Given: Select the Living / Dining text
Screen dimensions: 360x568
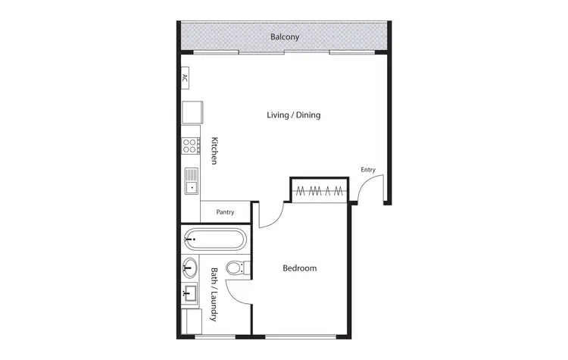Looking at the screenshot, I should point(294,115).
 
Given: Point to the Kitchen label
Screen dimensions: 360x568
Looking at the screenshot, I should point(215,151).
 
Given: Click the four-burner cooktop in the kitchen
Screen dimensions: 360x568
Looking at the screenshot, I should point(189,146).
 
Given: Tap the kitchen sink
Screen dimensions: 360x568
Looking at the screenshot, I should point(190,180).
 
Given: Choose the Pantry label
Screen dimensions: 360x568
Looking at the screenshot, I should point(225,212).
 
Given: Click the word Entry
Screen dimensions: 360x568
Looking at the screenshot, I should point(368,170).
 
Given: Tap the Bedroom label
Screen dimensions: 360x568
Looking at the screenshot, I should point(299,268).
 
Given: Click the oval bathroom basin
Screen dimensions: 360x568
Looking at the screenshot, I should point(189,265).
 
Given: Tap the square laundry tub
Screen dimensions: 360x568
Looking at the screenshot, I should point(189,292).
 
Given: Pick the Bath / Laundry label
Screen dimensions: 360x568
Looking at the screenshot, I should point(214,294).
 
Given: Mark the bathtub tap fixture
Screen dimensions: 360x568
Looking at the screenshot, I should point(191,239).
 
